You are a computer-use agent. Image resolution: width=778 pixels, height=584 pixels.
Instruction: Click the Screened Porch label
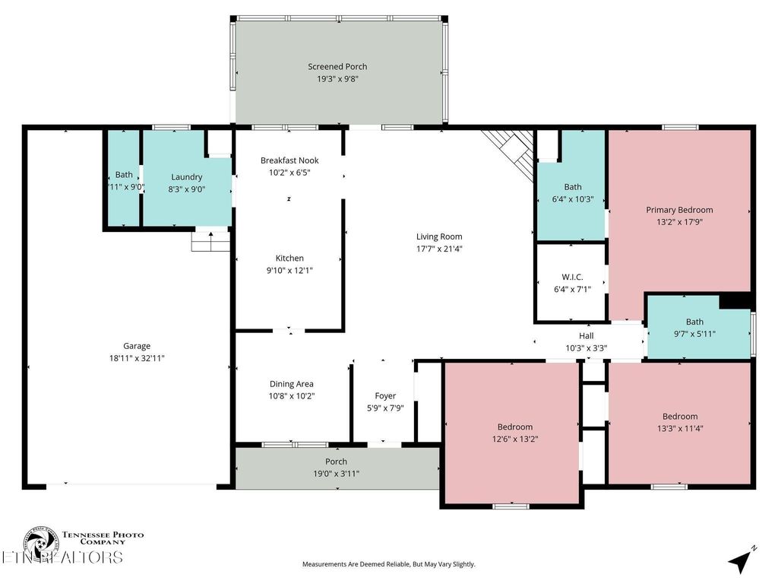point(337,67)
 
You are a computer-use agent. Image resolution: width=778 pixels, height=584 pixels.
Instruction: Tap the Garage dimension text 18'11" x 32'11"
point(138,358)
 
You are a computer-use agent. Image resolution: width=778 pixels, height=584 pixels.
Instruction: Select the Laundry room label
point(186,177)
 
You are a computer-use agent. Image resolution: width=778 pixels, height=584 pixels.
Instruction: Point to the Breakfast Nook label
point(289,160)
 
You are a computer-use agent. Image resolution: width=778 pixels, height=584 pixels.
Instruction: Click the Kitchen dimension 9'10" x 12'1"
point(289,271)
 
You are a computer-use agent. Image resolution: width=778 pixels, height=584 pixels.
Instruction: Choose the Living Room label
point(438,236)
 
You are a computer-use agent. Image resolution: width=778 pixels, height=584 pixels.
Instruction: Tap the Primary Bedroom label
point(679,210)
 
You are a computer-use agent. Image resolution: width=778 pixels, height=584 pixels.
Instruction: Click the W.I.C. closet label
point(572,277)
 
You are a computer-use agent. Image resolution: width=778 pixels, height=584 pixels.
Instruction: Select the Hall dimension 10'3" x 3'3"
point(586,348)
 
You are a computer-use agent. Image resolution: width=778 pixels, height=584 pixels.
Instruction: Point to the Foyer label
point(385,396)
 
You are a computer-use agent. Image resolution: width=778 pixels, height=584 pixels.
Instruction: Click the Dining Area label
point(291,384)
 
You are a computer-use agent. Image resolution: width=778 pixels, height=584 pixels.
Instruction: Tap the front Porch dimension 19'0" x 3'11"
point(336,474)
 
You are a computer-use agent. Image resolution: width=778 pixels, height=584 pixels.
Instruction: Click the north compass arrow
point(741,560)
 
